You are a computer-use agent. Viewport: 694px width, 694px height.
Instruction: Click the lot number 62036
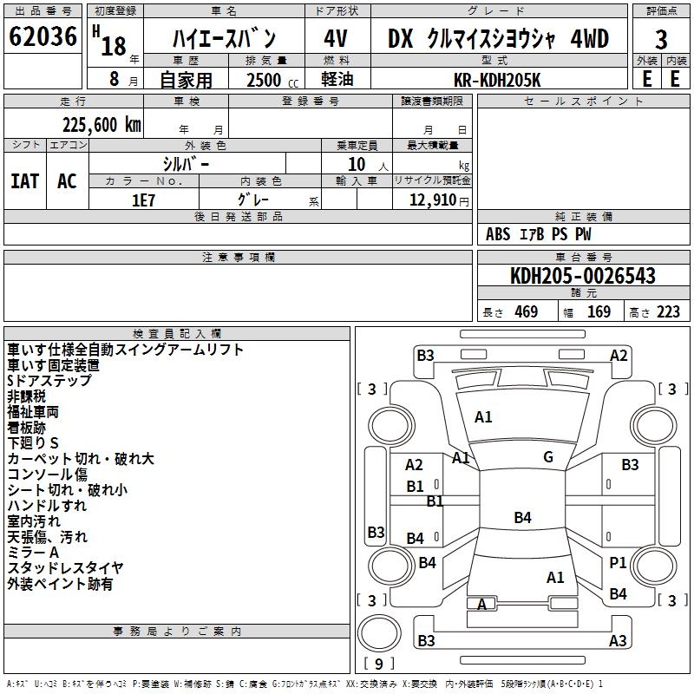pos(43,37)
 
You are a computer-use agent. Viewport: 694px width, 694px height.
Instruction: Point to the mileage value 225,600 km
pos(101,125)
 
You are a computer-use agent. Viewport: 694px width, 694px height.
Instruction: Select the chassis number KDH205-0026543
pos(582,276)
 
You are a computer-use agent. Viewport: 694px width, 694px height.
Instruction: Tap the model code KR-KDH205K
pos(497,80)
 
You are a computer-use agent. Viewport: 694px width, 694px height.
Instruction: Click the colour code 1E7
pos(143,199)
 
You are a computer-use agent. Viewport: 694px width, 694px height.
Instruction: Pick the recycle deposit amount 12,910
pos(431,200)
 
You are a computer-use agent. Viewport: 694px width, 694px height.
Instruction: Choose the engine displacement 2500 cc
pos(265,80)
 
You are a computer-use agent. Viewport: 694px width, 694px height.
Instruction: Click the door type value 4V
pos(337,39)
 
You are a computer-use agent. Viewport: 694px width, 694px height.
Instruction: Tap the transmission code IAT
pos(24,180)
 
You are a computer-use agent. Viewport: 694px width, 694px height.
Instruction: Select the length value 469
pos(526,312)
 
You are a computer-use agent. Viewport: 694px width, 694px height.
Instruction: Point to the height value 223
pos(668,312)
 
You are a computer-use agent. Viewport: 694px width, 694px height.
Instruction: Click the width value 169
pos(599,312)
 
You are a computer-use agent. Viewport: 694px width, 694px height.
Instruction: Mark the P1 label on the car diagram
pos(618,563)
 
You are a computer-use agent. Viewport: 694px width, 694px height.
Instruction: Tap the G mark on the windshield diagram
pos(547,457)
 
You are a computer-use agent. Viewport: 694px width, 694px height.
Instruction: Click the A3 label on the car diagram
pos(618,641)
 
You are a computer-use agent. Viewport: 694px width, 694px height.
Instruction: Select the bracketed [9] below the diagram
pos(377,664)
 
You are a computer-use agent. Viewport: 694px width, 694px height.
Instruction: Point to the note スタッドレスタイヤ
pos(65,568)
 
